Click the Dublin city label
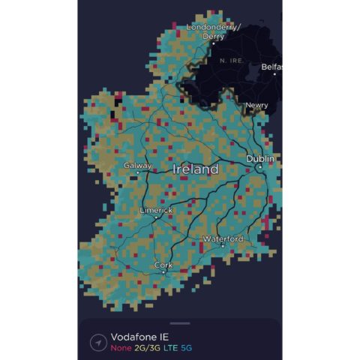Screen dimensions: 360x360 click(x=260, y=159)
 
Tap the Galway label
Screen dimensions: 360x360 click(x=138, y=165)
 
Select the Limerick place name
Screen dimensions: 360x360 click(x=156, y=210)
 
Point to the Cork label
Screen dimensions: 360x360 click(x=163, y=265)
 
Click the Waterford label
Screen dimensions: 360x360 click(x=223, y=238)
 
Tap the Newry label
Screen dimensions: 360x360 click(x=256, y=105)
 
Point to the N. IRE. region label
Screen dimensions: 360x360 click(x=232, y=58)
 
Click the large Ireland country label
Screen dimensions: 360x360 click(x=196, y=169)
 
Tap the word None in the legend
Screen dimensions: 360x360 click(x=120, y=347)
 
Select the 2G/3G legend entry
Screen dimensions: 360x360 click(x=146, y=347)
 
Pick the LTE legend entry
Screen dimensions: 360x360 click(x=172, y=347)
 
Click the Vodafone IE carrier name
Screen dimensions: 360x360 click(x=139, y=337)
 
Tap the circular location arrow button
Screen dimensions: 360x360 click(x=98, y=342)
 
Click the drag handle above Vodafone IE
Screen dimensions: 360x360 click(x=180, y=324)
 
